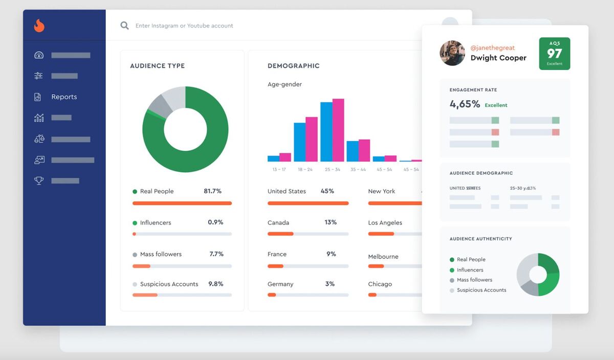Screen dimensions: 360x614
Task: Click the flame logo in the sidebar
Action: tap(39, 26)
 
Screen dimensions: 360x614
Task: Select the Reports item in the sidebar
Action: tap(64, 97)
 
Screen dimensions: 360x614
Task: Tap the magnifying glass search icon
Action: tap(124, 26)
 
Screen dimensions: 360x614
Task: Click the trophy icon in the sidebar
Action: tap(39, 181)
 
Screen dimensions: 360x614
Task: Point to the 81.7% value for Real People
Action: tap(212, 191)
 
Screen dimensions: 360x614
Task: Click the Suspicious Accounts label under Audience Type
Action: tap(169, 284)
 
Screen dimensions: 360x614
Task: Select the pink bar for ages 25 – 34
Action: tap(338, 130)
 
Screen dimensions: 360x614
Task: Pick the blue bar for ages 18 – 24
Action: tap(299, 142)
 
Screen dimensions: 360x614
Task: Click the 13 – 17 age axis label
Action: tap(279, 169)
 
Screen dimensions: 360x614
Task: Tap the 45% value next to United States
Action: tap(327, 191)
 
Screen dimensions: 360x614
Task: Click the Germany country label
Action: tap(280, 284)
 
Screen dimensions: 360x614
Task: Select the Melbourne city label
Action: tap(383, 257)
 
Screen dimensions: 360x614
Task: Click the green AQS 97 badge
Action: tap(554, 54)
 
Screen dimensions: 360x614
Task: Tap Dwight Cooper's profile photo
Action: tap(452, 53)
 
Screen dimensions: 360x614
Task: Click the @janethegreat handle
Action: tap(493, 48)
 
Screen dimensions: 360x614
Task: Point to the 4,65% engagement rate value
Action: tap(465, 104)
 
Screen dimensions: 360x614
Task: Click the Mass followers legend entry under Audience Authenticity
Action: tap(474, 280)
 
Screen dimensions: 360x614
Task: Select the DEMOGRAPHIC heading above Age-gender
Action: tap(293, 66)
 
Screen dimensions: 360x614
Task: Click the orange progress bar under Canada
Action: tap(280, 234)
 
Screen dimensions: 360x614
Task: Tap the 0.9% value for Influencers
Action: tap(215, 222)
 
